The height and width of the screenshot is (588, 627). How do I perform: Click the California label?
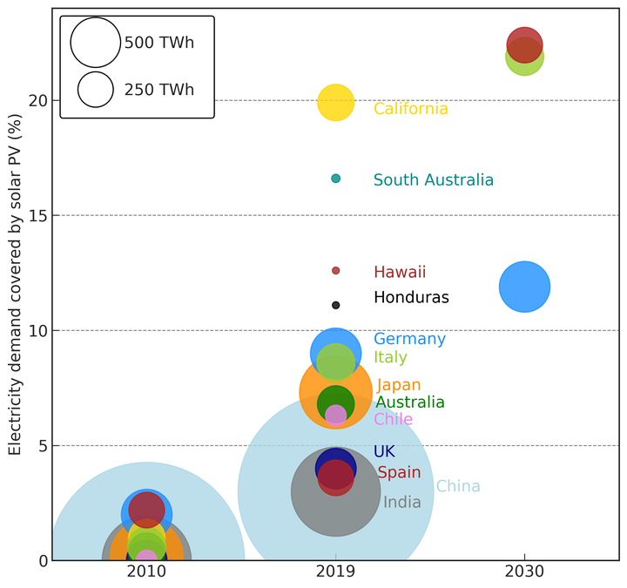(x=410, y=109)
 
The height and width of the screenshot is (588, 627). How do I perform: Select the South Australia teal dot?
(x=336, y=179)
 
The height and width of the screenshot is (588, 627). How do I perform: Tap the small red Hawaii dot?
(x=336, y=271)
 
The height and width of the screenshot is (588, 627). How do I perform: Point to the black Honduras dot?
(x=336, y=305)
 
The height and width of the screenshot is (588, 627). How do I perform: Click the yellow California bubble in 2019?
(x=336, y=103)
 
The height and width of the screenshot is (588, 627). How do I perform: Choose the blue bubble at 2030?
(x=524, y=287)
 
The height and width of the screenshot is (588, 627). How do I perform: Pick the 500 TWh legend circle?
(x=95, y=43)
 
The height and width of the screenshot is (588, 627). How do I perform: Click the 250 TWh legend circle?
(x=96, y=89)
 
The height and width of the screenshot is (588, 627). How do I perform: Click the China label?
(x=458, y=486)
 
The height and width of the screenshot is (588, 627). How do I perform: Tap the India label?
(x=401, y=502)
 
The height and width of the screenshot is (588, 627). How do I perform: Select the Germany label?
(x=409, y=340)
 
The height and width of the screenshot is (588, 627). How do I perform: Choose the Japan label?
(x=399, y=385)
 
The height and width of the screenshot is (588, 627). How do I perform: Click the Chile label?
(x=393, y=419)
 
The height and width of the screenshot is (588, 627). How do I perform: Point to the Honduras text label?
(x=411, y=298)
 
